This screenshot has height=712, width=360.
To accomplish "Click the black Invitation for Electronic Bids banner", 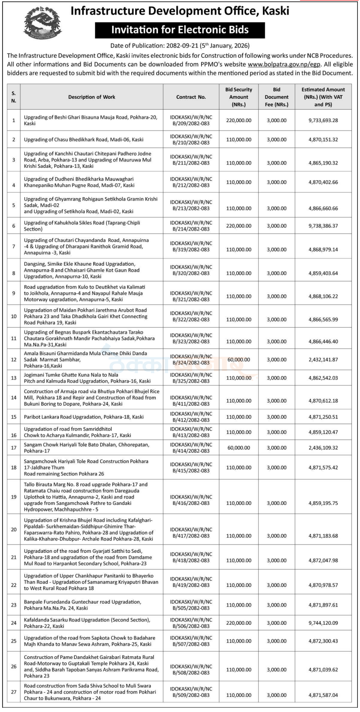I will point(180,30).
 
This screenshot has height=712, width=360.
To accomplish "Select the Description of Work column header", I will point(92,97).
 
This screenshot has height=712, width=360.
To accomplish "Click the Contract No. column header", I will point(191,97).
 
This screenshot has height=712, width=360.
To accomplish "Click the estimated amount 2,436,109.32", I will point(323,448).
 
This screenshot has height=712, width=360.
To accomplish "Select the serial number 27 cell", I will point(14,692).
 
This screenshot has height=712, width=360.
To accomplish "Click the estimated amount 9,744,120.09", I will point(323,623).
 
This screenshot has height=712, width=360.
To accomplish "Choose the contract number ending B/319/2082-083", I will point(191,246).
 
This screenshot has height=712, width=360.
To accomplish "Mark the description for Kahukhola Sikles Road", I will point(82,226).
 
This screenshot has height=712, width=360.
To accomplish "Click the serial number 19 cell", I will point(14,497).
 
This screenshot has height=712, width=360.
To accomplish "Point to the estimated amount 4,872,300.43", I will point(323,641).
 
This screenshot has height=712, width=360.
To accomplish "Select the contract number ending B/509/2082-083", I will point(191,692).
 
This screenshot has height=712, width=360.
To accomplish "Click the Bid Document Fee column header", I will point(276,97).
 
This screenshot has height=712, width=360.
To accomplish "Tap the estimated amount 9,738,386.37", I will point(323,226).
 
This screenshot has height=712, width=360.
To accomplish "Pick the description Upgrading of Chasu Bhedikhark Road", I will point(84,140).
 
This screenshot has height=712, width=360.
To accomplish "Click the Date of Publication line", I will point(180,45).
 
